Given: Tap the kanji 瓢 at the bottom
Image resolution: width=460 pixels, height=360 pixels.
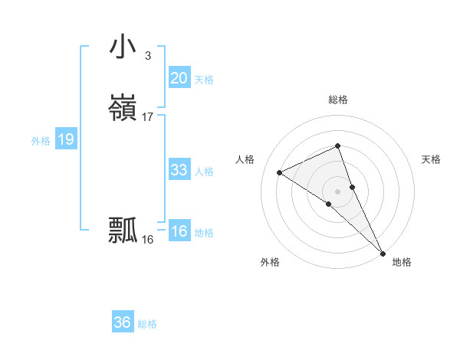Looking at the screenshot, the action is [x=123, y=231].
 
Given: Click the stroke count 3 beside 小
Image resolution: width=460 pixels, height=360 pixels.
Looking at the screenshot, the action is [x=147, y=55].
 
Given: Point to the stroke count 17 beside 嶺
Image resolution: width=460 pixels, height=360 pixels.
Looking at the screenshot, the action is [x=148, y=116].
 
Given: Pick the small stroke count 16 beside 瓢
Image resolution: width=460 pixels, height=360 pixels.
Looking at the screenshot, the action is [x=148, y=239].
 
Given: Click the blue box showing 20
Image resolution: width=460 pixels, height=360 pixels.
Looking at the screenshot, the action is [x=179, y=78].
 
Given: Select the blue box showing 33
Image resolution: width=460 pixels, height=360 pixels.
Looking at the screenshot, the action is [x=179, y=170].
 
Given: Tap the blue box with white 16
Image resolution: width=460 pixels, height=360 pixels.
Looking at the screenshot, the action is [x=179, y=231].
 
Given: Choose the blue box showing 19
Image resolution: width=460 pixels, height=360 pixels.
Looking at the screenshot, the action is [x=65, y=139].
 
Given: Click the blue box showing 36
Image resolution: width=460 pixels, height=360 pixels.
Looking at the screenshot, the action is [x=122, y=322].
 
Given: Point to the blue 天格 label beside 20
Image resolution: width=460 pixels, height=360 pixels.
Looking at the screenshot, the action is [x=204, y=80].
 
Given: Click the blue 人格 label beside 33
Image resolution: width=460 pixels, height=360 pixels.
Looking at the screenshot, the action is [x=204, y=172].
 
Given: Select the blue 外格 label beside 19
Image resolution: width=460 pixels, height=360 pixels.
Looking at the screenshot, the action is [x=41, y=141].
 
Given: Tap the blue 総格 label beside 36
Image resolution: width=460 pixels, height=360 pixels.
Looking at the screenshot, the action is [x=147, y=324].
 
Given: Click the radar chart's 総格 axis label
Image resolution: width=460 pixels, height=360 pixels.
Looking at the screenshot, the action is [x=337, y=100].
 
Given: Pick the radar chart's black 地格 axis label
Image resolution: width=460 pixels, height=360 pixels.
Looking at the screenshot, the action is [x=402, y=262].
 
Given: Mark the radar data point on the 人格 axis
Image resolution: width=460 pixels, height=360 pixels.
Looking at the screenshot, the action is [x=280, y=172].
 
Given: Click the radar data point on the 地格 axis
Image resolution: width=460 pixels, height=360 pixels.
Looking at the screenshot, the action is [x=382, y=252].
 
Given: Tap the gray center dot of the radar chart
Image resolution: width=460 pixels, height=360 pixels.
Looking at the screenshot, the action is [x=337, y=191].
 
